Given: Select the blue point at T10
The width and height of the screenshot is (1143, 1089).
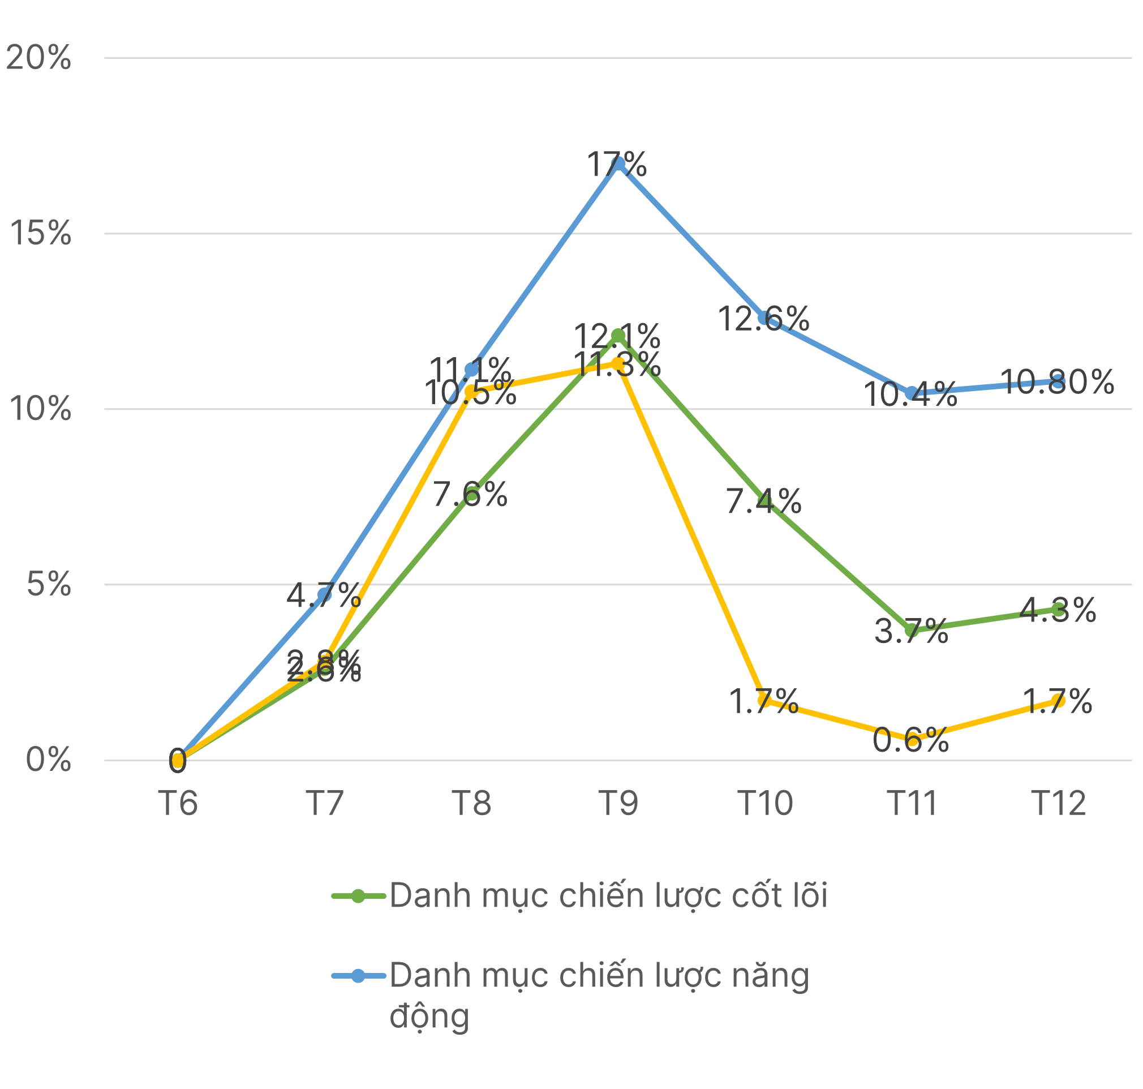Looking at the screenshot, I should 764,318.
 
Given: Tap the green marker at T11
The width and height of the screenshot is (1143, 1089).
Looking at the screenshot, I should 912,630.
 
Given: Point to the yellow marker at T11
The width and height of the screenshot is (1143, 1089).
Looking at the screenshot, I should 912,741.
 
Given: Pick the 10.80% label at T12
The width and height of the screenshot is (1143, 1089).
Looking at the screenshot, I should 1057,382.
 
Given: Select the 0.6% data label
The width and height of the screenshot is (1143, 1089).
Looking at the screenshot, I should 910,741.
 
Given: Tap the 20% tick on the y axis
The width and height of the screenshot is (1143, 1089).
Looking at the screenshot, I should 38,58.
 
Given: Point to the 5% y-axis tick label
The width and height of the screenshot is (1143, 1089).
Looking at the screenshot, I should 49,584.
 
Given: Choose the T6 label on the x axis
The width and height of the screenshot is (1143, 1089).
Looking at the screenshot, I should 178,804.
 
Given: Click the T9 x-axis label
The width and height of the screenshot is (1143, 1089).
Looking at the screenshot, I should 618,804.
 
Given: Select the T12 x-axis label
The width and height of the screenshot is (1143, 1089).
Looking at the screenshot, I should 1058,804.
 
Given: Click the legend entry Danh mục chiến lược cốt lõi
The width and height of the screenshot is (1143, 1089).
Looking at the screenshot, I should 608,895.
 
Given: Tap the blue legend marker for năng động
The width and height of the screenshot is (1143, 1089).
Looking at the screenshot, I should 358,976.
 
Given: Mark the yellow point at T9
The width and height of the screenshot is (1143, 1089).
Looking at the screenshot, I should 618,364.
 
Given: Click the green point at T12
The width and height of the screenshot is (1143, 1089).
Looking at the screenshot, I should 1058,610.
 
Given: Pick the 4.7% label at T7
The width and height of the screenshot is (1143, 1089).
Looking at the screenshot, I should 323,594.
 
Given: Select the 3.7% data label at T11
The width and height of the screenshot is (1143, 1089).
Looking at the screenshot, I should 910,631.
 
